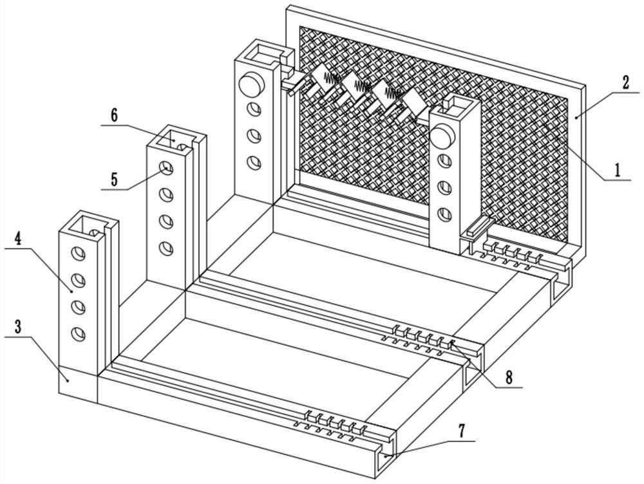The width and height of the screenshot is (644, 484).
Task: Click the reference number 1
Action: click(617, 171)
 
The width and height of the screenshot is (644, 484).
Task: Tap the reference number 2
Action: click(625, 83)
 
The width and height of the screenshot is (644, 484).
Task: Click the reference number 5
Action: click(113, 179)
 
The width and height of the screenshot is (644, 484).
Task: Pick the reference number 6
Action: click(114, 116)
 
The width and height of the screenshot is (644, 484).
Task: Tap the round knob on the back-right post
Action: click(443, 136)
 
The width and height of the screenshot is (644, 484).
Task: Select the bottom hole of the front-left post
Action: click(78, 333)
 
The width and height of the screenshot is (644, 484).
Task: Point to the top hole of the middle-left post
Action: click(166, 169)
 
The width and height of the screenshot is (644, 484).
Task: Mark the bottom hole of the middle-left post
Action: click(166, 247)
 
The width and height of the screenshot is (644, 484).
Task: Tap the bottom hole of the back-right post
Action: click(444, 214)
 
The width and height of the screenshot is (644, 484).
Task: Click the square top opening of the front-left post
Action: click(88, 224)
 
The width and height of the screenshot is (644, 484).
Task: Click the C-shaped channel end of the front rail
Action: click(388, 457)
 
